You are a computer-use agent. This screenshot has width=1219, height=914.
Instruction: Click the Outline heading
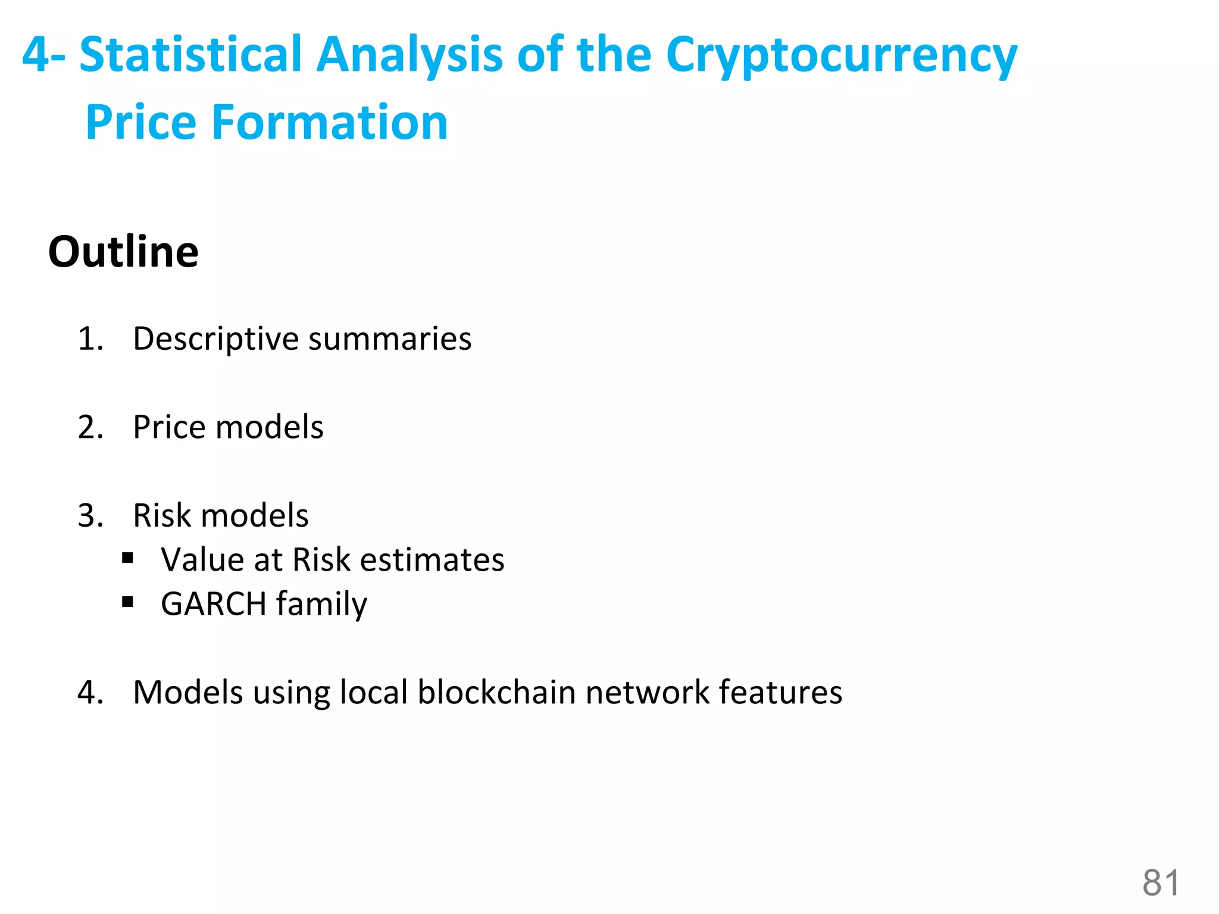(123, 252)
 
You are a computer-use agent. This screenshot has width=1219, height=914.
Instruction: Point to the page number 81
(1161, 882)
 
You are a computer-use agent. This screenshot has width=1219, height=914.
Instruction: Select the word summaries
(390, 339)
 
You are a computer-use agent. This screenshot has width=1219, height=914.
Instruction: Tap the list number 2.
(90, 427)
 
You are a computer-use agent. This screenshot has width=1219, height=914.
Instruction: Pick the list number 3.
(90, 515)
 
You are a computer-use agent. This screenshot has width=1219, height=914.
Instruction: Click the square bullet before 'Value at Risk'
(127, 559)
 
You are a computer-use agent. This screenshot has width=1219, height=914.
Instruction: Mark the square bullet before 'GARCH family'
(127, 603)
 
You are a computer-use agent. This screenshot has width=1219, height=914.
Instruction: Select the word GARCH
(213, 604)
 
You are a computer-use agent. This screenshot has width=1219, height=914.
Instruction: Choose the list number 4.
(90, 693)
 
